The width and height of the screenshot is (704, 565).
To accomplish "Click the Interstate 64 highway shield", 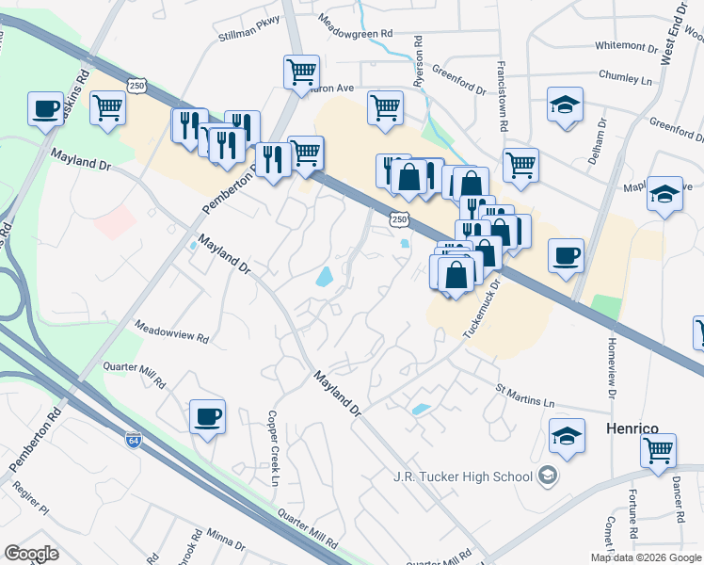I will click(136, 439).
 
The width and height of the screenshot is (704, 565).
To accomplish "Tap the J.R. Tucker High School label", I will click(463, 476).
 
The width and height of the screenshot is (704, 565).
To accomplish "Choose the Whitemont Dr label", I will click(626, 45).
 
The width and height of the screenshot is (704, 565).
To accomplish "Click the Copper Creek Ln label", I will click(274, 447).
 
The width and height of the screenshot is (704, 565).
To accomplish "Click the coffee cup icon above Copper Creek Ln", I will click(207, 415).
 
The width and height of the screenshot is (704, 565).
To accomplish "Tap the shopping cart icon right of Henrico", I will click(659, 449).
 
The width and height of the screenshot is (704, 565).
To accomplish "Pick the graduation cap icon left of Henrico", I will click(568, 435).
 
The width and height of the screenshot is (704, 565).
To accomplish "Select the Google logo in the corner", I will click(31, 554).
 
